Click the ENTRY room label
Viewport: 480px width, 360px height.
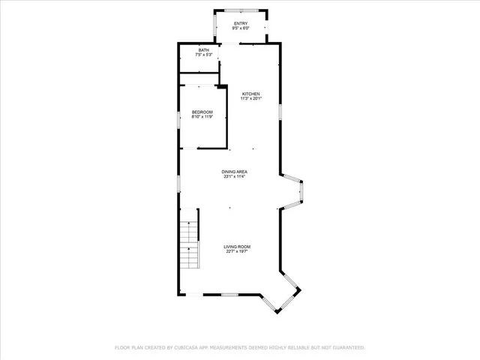(240, 24)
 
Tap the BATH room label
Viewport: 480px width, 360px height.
(204, 50)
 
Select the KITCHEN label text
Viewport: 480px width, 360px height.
(250, 94)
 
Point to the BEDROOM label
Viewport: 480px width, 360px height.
(202, 112)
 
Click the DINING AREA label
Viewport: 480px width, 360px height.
(234, 172)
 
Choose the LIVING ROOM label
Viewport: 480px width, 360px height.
(238, 247)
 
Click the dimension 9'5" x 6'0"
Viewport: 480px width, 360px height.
(240, 29)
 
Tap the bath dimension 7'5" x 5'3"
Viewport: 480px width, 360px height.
(204, 55)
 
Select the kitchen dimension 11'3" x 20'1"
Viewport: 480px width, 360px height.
(250, 99)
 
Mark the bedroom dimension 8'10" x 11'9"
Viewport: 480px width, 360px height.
(202, 117)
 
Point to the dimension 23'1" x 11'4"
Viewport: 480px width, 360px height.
(234, 177)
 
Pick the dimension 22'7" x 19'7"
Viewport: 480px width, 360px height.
(238, 252)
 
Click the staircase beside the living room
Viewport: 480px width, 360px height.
(190, 245)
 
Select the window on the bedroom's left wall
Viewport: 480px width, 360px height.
(178, 118)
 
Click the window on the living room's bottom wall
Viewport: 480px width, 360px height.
(230, 295)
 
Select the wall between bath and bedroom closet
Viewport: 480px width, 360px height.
(199, 73)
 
